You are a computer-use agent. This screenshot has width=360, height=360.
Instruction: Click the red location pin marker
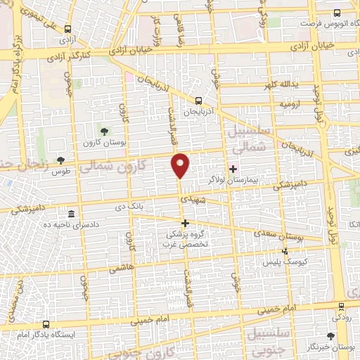point(181,165)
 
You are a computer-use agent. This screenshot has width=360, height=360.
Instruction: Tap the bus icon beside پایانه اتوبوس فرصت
point(337,13)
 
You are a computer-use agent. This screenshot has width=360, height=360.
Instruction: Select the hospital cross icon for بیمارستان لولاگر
point(233,168)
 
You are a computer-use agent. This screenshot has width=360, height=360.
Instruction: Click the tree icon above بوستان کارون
point(104,131)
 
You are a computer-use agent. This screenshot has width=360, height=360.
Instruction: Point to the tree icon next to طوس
point(60,161)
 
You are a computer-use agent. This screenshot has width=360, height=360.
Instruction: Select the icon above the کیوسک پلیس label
point(285,250)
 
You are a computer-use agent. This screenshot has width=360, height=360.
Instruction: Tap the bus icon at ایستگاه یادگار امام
point(46,324)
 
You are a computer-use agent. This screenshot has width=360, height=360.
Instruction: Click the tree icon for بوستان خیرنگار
point(331,337)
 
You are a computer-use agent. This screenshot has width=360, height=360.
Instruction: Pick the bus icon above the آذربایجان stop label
point(199,101)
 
